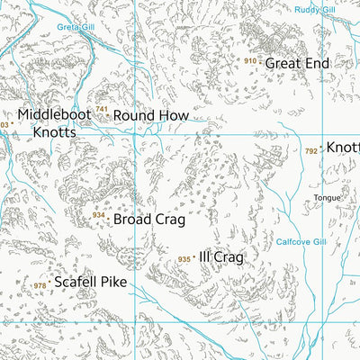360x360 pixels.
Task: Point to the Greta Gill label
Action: pyautogui.click(x=75, y=27)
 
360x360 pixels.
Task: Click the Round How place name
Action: pyautogui.click(x=151, y=116)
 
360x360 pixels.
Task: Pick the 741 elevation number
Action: pyautogui.click(x=102, y=110)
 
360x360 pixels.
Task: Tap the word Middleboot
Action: pyautogui.click(x=53, y=116)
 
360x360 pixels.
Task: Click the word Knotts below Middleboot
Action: pyautogui.click(x=56, y=132)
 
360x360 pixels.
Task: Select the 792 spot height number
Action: pyautogui.click(x=311, y=151)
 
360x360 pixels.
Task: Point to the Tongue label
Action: pyautogui.click(x=326, y=198)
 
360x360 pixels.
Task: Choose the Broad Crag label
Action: pyautogui.click(x=148, y=219)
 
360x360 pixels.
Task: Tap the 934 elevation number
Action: pyautogui.click(x=98, y=215)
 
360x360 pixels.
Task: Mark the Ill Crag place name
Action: pyautogui.click(x=221, y=257)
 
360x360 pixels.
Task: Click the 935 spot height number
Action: pyautogui.click(x=184, y=259)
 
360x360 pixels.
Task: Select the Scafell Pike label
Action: pyautogui.click(x=90, y=282)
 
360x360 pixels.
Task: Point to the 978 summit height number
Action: pyautogui.click(x=40, y=286)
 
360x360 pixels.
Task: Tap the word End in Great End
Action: pyautogui.click(x=318, y=63)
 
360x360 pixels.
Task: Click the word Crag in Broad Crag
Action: pyautogui.click(x=168, y=219)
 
